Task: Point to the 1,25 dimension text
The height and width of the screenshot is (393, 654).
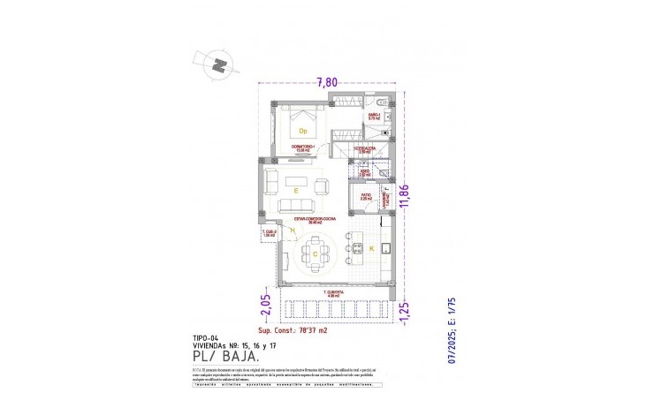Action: (x=405, y=310)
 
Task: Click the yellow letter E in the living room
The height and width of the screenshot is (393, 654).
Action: (x=297, y=189)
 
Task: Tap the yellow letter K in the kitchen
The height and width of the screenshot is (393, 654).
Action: (x=370, y=250)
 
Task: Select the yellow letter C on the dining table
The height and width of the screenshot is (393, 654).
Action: (x=316, y=253)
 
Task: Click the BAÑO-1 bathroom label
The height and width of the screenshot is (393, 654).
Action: (x=373, y=116)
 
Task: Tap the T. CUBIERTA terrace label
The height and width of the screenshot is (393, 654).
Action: (x=333, y=291)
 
